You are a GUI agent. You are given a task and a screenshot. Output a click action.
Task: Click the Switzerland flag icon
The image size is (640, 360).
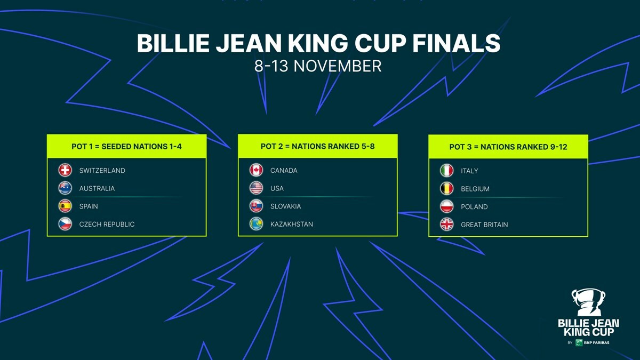65,171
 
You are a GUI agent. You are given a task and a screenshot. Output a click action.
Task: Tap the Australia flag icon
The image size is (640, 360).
65,188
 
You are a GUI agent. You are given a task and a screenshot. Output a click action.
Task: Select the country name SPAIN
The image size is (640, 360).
89,206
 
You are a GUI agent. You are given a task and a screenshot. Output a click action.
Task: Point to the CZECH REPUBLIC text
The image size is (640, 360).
107,225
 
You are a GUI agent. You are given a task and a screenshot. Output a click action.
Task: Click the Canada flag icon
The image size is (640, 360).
256,171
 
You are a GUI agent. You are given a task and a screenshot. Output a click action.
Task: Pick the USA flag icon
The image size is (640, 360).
256,188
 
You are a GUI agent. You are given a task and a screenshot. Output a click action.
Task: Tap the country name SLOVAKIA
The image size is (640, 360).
285,206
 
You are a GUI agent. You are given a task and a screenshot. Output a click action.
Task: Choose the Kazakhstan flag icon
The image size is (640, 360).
256,225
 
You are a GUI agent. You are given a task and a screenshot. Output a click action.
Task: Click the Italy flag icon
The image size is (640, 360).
446,171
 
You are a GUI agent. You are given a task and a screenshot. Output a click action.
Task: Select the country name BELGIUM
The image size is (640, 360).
475,189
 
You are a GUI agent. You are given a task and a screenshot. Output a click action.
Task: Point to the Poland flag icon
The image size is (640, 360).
446,206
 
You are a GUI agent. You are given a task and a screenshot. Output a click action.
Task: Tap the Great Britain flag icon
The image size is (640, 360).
446,225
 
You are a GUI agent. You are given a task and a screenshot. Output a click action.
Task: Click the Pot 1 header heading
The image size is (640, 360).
126,147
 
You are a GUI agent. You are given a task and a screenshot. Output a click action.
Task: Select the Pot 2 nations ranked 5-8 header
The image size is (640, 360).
317,147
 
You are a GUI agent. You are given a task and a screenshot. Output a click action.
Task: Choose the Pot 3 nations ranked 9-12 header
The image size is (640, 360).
508,147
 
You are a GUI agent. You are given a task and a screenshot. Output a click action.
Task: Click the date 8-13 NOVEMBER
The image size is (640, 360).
318,66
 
